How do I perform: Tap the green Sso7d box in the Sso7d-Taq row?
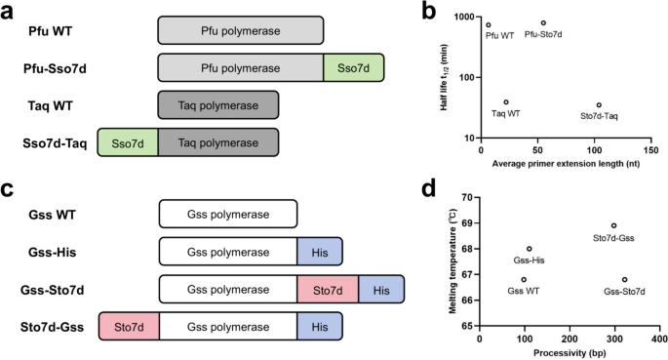coord(127,142)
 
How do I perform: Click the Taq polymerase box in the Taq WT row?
coord(218,105)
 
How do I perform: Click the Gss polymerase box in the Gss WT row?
coord(228,212)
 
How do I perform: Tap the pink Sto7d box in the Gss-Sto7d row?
coord(328,289)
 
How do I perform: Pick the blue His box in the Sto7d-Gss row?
coord(320,327)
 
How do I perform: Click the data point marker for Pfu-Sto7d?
coord(543,22)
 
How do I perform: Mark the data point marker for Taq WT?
coord(506,101)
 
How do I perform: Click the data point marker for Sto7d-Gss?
coord(613,225)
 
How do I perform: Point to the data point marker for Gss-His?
coord(530,249)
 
